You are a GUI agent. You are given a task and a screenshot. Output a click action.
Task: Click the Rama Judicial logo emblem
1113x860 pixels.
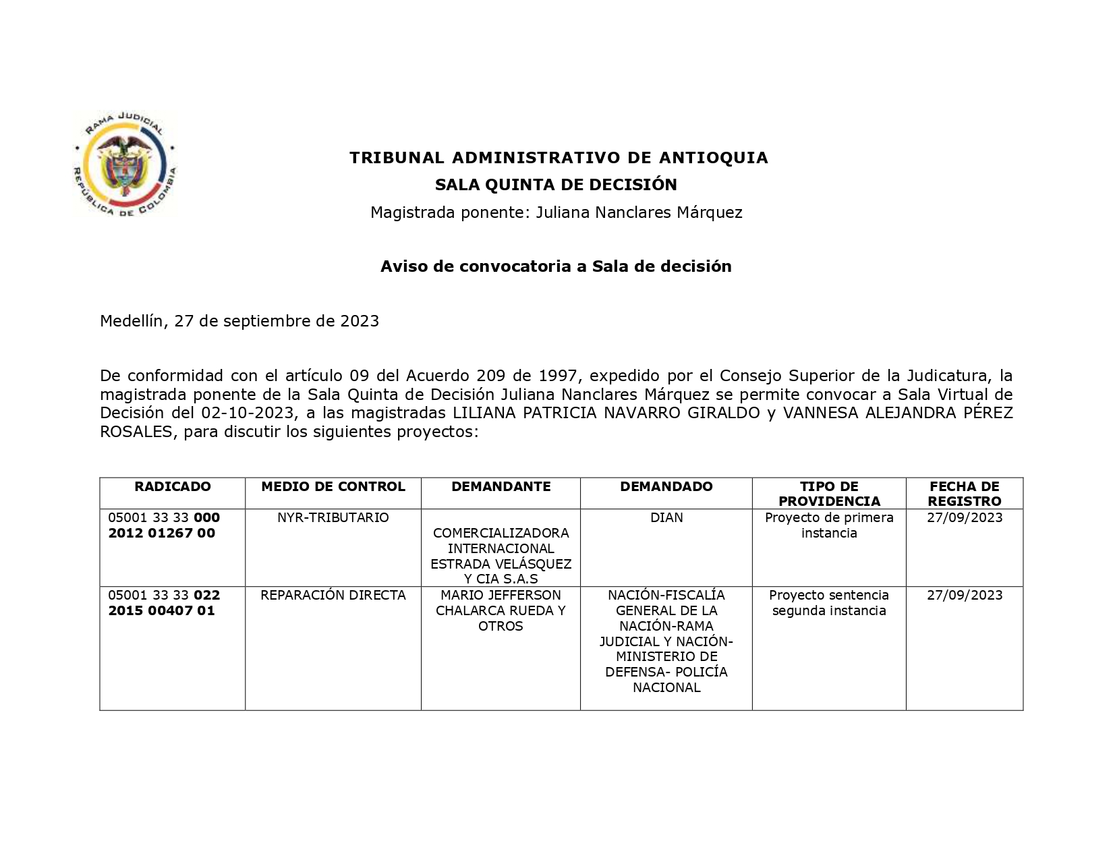[125, 165]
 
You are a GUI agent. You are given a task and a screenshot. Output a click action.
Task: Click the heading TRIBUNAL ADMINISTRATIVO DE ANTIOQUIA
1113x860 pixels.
[558, 158]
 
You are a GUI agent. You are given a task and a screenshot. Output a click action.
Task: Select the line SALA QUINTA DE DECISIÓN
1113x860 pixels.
[556, 185]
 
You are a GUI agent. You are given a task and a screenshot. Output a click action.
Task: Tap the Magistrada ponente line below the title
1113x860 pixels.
[556, 212]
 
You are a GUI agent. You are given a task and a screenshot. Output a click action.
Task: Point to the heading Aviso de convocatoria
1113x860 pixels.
[556, 266]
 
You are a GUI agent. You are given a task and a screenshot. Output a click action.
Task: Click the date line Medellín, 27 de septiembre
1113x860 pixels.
[239, 321]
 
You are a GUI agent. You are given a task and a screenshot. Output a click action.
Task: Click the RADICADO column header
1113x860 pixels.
[172, 486]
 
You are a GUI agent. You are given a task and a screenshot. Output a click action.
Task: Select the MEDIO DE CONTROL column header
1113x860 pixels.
[333, 486]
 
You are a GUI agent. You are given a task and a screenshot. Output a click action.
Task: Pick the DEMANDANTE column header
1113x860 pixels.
[501, 486]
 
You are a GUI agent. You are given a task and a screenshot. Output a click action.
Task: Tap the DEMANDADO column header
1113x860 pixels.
[666, 486]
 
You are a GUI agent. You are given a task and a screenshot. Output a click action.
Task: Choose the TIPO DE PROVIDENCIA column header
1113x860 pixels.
[829, 494]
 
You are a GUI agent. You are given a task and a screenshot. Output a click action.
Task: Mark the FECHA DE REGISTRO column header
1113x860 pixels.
[964, 494]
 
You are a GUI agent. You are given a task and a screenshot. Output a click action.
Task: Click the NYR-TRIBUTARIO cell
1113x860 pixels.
[333, 517]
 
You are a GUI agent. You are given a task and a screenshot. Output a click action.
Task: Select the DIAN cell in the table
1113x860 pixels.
[666, 517]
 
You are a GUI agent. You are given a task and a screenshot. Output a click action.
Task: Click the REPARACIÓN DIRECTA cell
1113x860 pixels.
[333, 595]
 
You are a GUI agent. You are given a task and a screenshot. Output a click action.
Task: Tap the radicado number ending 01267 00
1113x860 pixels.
[162, 533]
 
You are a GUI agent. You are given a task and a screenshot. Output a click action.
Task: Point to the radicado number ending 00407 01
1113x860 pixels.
[162, 610]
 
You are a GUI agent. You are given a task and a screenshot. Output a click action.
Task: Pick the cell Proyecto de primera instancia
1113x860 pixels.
[829, 525]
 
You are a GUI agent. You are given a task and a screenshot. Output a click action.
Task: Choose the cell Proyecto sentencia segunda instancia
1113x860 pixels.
[829, 602]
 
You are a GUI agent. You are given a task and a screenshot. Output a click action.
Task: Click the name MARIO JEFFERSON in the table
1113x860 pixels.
[501, 595]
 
